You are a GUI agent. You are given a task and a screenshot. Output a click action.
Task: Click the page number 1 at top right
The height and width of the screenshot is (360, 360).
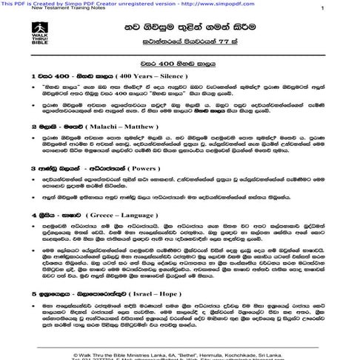coord(321,8)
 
